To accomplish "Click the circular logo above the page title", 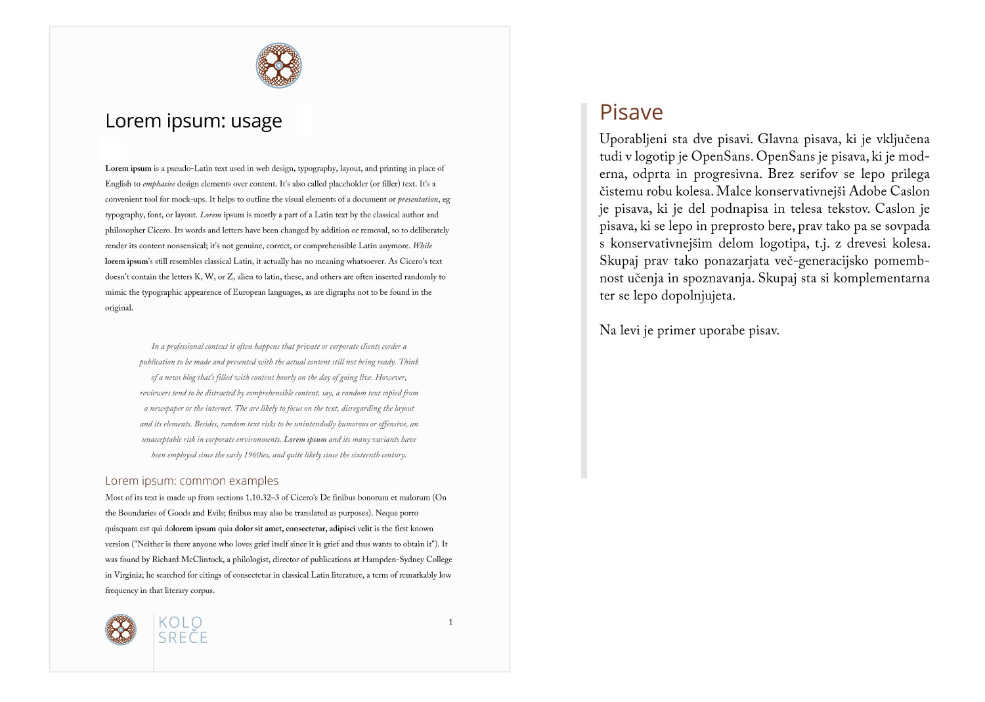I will pos(278,66).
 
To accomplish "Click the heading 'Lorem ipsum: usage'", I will pos(194,121).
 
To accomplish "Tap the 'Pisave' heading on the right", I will pos(631,112).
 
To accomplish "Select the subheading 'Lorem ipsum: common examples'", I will pos(192,481).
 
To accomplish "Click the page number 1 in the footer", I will pos(450,622).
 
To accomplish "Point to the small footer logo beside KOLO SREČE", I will pos(121,630).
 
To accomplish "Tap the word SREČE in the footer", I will pos(183,638).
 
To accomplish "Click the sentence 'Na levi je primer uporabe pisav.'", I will pos(689,331).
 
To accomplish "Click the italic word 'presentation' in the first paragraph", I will pos(418,199).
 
